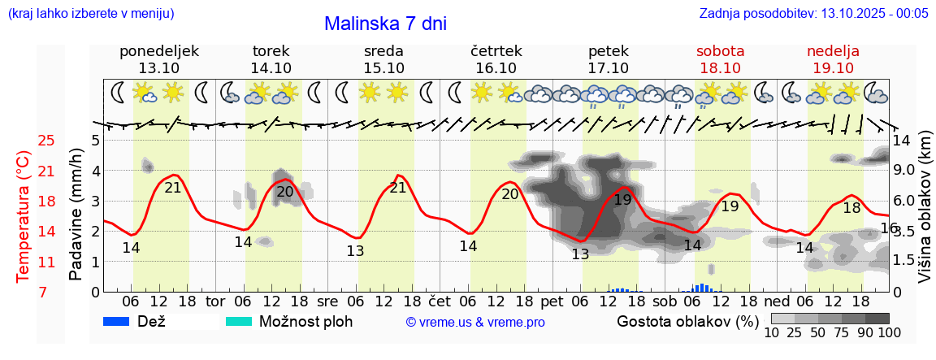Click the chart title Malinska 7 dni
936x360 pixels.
tap(385, 24)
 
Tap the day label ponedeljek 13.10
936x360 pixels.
tap(158, 59)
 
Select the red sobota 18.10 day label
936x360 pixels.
tap(720, 59)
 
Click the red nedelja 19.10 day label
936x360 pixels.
tap(833, 59)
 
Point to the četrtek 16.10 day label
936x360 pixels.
tap(496, 59)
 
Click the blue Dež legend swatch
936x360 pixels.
tap(117, 321)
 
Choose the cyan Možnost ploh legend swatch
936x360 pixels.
tap(239, 321)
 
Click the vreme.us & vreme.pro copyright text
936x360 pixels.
tap(475, 322)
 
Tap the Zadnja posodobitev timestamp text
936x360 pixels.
tap(813, 14)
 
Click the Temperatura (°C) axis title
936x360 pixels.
tap(23, 216)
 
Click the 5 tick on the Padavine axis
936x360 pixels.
tap(95, 140)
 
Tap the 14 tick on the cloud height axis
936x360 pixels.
tap(902, 140)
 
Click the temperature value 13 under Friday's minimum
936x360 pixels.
tap(580, 254)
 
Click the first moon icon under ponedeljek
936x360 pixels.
tap(119, 93)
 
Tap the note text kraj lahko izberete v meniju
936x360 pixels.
tap(90, 14)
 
